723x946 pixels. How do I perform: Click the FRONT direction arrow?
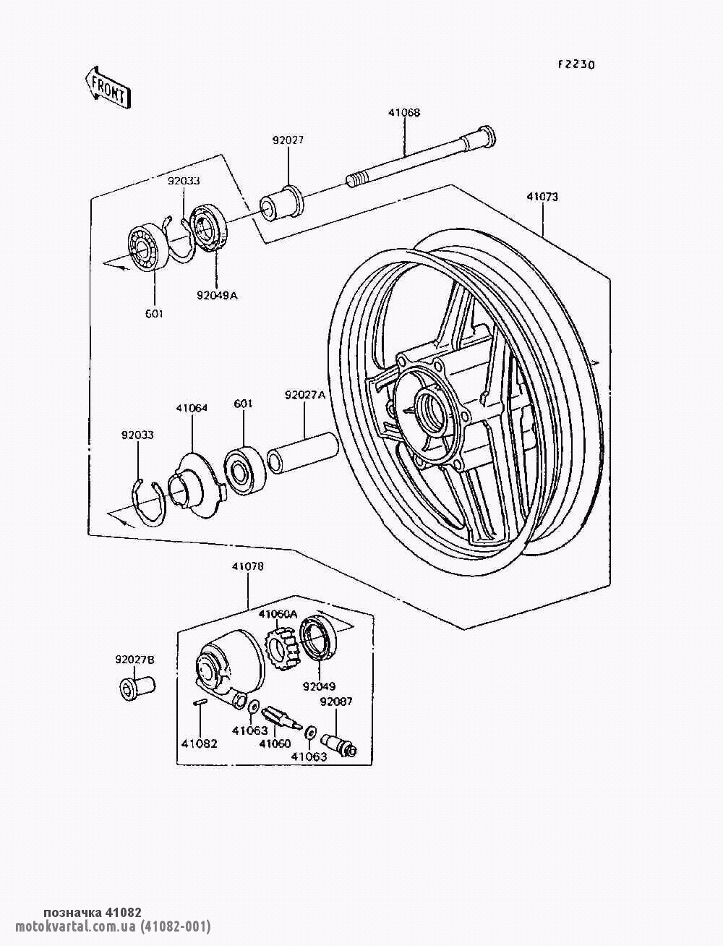click(x=108, y=88)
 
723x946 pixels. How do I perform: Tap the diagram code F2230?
click(x=576, y=64)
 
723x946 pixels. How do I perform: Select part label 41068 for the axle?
click(x=404, y=113)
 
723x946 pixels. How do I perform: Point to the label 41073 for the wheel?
click(x=542, y=197)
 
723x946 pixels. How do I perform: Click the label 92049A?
click(x=217, y=296)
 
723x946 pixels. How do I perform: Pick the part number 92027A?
click(x=304, y=395)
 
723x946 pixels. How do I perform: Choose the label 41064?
click(x=192, y=408)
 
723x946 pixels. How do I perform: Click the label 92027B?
click(x=134, y=660)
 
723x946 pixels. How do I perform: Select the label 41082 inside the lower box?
click(x=200, y=744)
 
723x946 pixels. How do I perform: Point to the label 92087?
click(x=336, y=702)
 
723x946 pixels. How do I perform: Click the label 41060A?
click(x=278, y=615)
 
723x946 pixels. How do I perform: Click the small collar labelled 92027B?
click(x=137, y=686)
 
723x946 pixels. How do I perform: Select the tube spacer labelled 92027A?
click(x=303, y=453)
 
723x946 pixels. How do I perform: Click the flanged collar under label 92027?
click(x=282, y=204)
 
